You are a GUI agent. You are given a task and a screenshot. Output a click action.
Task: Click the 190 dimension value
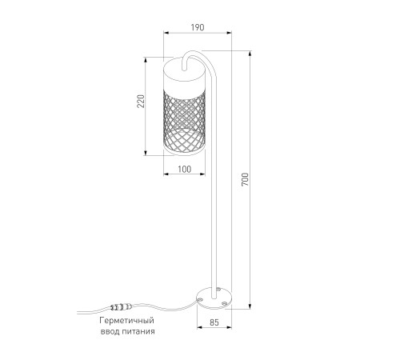(198, 27)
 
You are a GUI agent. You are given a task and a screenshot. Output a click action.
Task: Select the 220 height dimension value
(141, 101)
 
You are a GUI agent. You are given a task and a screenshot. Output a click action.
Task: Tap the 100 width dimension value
(185, 169)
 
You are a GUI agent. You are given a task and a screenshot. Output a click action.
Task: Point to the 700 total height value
(245, 179)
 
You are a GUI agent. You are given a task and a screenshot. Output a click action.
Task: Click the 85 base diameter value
(214, 322)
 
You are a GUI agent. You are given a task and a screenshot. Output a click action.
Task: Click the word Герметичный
(126, 320)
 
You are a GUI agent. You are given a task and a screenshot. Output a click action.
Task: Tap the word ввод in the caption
(110, 331)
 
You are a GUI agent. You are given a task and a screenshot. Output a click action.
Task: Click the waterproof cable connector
(122, 307)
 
